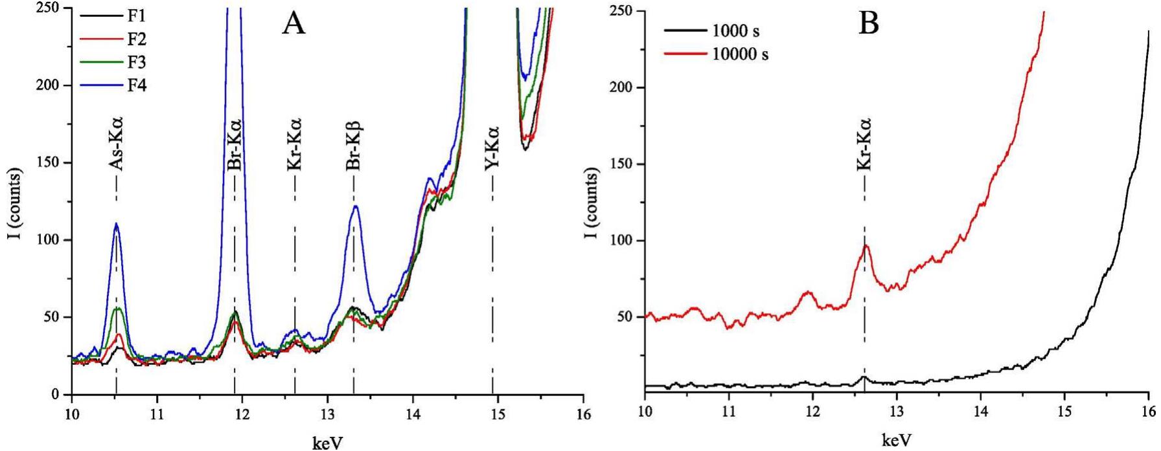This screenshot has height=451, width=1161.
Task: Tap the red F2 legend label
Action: pyautogui.click(x=136, y=39)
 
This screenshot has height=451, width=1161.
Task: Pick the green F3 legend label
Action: pyautogui.click(x=136, y=62)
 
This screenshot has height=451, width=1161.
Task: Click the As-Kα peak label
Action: pyautogui.click(x=116, y=144)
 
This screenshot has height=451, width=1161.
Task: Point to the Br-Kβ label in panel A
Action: pyautogui.click(x=353, y=144)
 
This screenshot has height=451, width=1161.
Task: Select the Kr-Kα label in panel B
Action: pyautogui.click(x=864, y=144)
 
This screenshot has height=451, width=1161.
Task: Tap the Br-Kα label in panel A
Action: pyautogui.click(x=235, y=145)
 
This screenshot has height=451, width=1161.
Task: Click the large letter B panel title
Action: pyautogui.click(x=869, y=25)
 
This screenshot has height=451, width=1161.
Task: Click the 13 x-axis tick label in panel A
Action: pyautogui.click(x=328, y=415)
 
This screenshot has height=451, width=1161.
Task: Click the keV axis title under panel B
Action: pyautogui.click(x=897, y=441)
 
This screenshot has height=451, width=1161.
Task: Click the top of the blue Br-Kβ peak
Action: pyautogui.click(x=355, y=206)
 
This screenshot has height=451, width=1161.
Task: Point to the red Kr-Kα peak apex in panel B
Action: pyautogui.click(x=866, y=245)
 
